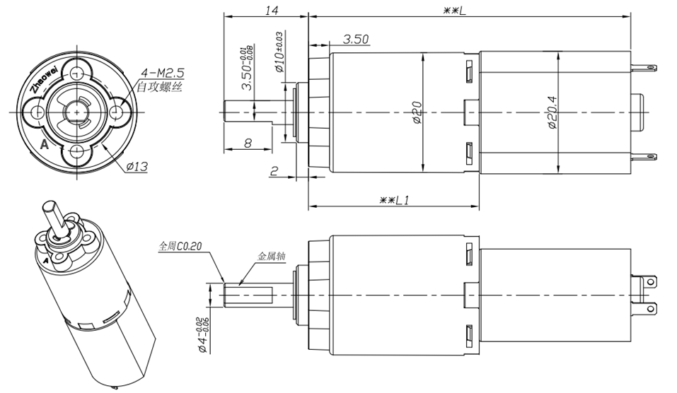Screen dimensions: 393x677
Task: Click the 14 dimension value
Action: (x=272, y=11)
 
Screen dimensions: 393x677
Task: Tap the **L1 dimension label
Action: (x=394, y=201)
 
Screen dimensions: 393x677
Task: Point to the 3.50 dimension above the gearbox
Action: (x=356, y=40)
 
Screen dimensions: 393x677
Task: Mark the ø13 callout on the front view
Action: (x=137, y=167)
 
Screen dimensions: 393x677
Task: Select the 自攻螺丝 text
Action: (x=159, y=88)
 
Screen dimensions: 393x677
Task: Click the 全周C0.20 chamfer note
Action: (x=180, y=247)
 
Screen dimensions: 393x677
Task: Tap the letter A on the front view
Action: (x=45, y=145)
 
